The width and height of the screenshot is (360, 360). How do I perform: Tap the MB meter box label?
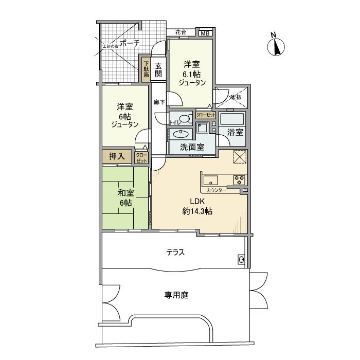(x=205, y=34)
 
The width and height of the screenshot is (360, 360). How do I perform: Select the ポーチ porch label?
(x=130, y=43)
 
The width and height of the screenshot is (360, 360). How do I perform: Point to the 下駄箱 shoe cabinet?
(x=146, y=69)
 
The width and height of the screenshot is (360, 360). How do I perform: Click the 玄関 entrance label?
(x=158, y=69)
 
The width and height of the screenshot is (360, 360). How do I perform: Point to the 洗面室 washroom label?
(x=191, y=147)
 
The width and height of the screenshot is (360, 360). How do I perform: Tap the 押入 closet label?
(x=116, y=157)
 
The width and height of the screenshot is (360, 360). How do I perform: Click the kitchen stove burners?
(x=240, y=180)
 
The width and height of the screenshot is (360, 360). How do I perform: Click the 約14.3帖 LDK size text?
(x=197, y=211)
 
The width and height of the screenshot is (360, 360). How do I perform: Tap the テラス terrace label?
(x=175, y=252)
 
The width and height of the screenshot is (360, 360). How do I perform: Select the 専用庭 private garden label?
(x=176, y=295)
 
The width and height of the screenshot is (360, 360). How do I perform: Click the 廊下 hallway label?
(x=159, y=102)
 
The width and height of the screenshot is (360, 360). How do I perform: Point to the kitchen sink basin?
(x=211, y=180)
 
